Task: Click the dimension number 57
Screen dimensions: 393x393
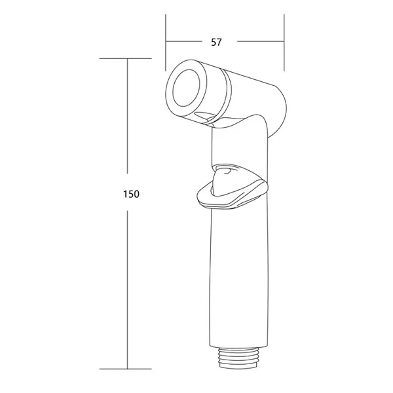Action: pyautogui.click(x=216, y=43)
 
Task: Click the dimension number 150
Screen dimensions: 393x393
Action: pyautogui.click(x=131, y=194)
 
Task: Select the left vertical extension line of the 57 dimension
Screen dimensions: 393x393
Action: pyautogui.click(x=166, y=43)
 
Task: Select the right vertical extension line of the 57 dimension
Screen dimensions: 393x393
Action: pyautogui.click(x=284, y=43)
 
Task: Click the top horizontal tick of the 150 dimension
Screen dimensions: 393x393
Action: pyautogui.click(x=126, y=59)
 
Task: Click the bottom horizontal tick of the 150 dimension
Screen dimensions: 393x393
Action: pyautogui.click(x=126, y=369)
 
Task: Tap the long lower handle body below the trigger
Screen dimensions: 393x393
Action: pyautogui.click(x=238, y=276)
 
